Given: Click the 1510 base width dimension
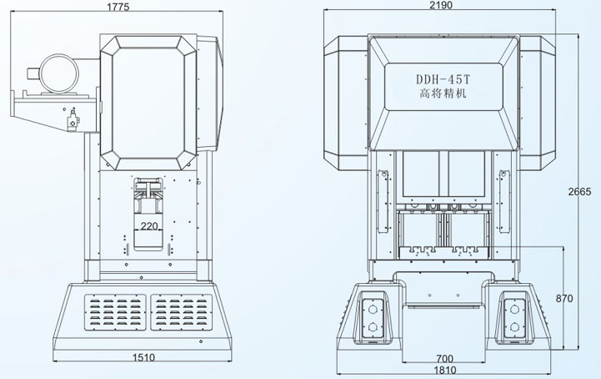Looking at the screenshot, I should (146, 357).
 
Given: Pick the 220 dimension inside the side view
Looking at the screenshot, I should (150, 226).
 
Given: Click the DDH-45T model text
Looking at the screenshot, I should (443, 80).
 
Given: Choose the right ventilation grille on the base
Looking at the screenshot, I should (182, 316).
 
